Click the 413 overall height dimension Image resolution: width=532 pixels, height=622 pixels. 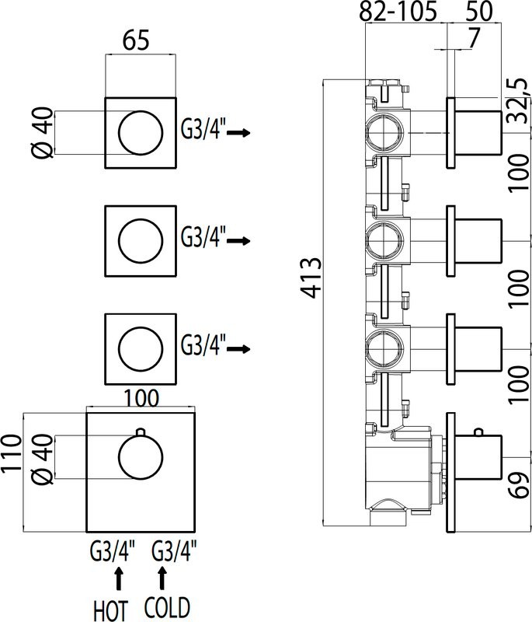(311, 277)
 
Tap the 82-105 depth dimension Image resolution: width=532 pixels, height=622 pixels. (399, 12)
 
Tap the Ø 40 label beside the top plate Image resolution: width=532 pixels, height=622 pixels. (44, 133)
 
